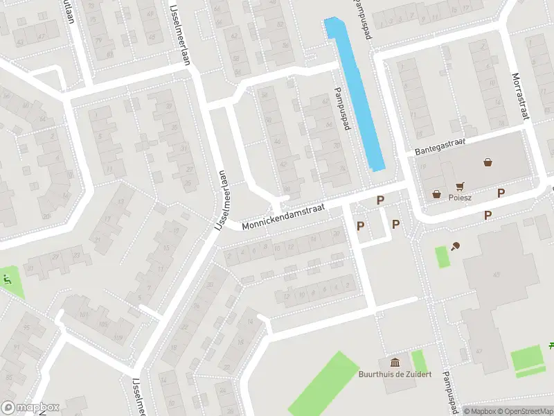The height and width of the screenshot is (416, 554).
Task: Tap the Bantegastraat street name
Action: click(440, 146)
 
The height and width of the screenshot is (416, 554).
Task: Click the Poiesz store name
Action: click(459, 197)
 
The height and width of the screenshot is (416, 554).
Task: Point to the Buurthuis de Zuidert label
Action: click(395, 374)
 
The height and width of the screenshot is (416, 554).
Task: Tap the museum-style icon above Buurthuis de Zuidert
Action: click(395, 363)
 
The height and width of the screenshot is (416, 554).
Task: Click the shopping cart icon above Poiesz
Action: click(460, 186)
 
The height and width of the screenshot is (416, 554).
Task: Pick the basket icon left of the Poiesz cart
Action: click(437, 194)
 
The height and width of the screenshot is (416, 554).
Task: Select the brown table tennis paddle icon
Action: click(456, 245)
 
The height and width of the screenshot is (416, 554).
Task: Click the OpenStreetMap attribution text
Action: click(524, 411)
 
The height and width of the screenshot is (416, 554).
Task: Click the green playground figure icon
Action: click(7, 280)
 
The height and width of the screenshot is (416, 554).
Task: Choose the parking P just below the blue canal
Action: click(379, 200)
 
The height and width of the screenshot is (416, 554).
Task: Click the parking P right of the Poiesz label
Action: click(501, 193)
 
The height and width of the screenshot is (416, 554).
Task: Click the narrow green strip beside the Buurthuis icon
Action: click(418, 361)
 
